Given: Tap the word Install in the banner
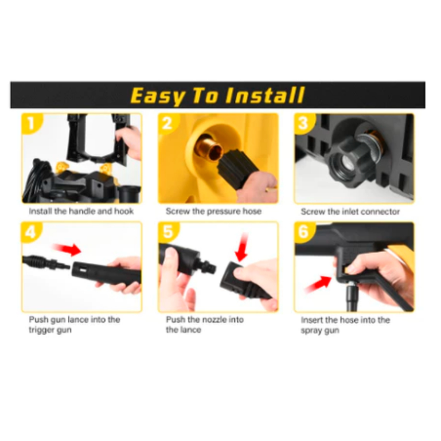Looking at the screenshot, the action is (265, 95).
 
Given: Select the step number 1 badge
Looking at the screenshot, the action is (31, 124).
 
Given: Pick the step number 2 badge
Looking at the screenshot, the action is (168, 124).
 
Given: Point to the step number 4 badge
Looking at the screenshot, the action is (31, 232).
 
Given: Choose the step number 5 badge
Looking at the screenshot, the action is (168, 232).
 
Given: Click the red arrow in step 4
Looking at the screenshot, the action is (67, 249).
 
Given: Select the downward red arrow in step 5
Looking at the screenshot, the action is (241, 248).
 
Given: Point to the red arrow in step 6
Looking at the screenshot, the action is (318, 285).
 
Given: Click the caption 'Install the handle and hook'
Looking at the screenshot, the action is (81, 211).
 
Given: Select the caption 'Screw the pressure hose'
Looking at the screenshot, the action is (214, 211).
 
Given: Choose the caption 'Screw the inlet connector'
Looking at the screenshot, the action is (350, 211).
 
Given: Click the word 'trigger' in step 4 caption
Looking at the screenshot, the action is (41, 330).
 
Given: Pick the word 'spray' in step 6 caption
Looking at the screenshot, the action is (311, 330).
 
